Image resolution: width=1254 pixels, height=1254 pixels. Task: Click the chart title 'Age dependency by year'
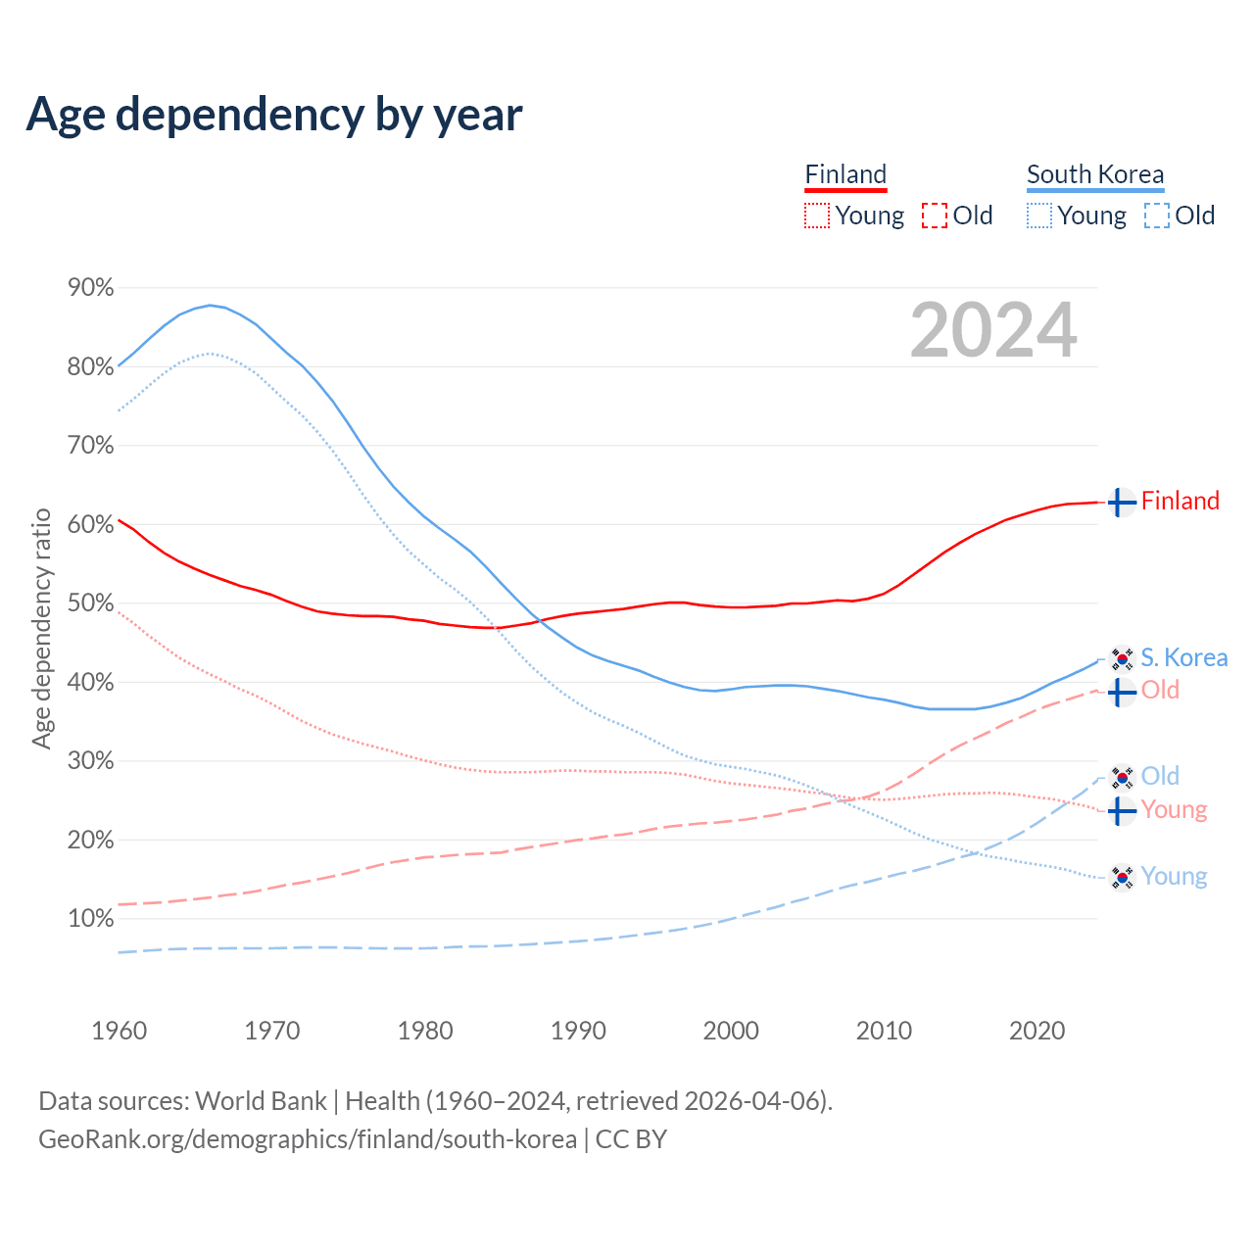point(274,114)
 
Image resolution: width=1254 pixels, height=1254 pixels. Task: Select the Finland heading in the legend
point(845,174)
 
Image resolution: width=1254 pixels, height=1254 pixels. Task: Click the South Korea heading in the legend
point(1095,174)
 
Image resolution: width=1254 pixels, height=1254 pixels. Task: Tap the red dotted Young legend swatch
point(816,216)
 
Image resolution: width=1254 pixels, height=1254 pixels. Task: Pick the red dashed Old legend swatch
point(935,216)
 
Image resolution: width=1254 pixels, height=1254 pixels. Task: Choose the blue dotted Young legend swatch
point(1039,216)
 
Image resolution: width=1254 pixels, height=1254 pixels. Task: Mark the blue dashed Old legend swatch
point(1157,216)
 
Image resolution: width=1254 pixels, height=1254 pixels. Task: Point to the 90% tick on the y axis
point(90,288)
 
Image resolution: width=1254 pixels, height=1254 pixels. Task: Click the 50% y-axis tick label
point(90,603)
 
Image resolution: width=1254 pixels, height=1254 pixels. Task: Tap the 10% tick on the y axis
point(90,919)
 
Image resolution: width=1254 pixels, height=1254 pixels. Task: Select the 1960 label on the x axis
point(119,1031)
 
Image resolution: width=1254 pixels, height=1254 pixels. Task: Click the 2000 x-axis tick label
point(731,1031)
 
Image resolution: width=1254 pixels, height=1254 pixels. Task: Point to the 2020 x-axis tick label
point(1037,1031)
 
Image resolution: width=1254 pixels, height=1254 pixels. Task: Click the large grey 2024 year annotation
point(993,331)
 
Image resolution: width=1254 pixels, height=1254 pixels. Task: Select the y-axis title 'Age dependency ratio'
point(41,628)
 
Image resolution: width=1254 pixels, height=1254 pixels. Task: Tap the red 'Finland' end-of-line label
point(1181,501)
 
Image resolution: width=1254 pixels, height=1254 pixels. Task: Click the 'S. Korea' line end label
point(1183,657)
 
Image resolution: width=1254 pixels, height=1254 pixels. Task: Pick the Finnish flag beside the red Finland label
point(1122,502)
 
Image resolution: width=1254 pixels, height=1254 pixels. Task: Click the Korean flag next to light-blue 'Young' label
point(1122,877)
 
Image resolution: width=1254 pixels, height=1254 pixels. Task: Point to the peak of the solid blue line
point(210,305)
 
